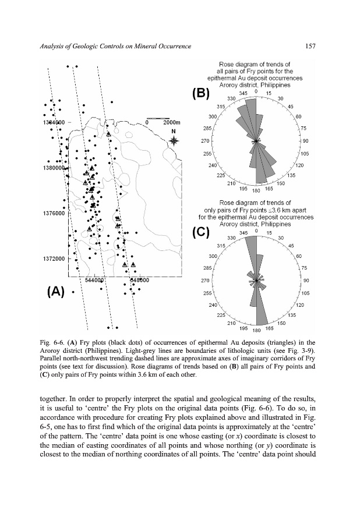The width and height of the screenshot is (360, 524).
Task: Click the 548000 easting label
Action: point(140,279)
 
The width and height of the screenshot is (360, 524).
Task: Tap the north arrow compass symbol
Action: point(173,141)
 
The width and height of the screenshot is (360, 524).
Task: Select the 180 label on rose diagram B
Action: point(256,190)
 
